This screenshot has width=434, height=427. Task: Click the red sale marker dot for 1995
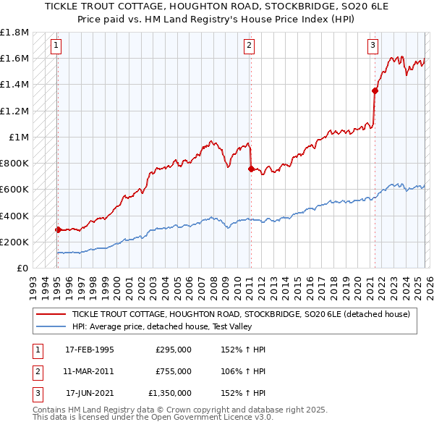pos(58,229)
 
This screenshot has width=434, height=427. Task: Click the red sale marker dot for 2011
pos(250,169)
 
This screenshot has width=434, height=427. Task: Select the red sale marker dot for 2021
pos(375,90)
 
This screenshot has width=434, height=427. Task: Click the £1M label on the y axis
pos(19,138)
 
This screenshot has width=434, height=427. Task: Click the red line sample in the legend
pos(51,314)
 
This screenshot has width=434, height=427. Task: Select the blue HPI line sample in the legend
pos(51,327)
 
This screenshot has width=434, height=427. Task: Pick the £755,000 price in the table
pos(174,371)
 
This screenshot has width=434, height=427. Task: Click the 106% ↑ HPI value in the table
pos(244,371)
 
